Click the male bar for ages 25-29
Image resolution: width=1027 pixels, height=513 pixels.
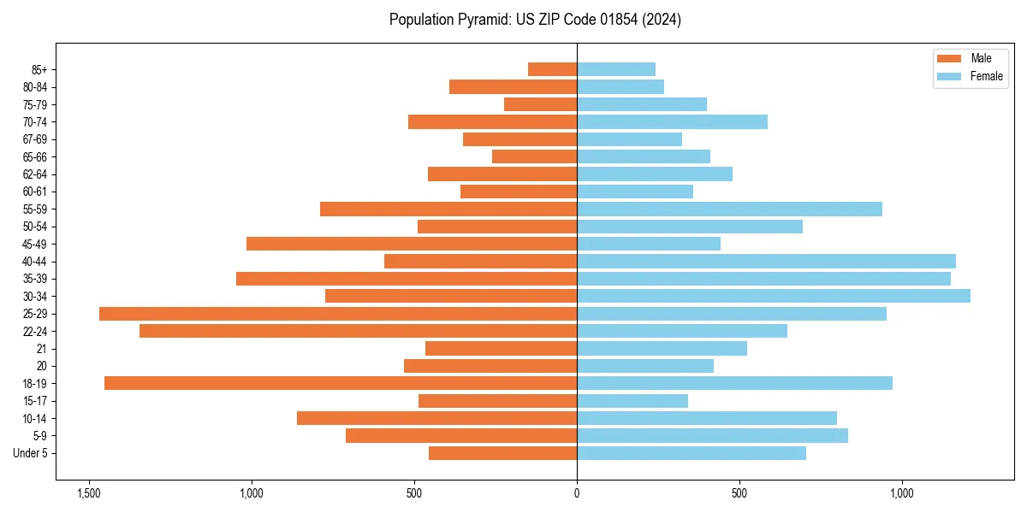click(338, 314)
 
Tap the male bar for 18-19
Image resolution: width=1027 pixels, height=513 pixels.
click(341, 383)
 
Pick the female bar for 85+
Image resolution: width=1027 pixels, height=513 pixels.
click(616, 69)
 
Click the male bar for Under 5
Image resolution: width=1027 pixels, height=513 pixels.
click(502, 453)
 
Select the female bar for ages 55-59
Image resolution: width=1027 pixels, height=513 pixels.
click(729, 209)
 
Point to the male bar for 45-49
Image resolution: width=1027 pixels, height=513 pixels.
click(412, 244)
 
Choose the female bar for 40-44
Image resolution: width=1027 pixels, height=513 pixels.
click(766, 261)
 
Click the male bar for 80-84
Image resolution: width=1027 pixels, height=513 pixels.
click(513, 86)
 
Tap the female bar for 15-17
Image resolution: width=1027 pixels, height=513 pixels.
click(632, 401)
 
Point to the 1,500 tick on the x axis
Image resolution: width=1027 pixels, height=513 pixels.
click(88, 493)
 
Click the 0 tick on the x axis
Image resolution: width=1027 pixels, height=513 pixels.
click(577, 493)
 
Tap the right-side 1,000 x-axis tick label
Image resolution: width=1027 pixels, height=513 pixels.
click(902, 493)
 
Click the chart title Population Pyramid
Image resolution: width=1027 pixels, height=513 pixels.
click(535, 20)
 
